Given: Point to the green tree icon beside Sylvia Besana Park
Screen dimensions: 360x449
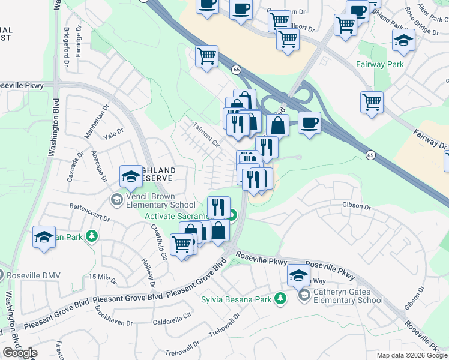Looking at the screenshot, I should [x=280, y=299].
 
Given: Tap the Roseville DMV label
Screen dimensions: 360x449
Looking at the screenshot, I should [x=31, y=275].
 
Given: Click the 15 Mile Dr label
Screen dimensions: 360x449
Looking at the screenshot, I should [x=102, y=276].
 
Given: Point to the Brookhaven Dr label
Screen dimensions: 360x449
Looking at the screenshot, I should [x=114, y=316].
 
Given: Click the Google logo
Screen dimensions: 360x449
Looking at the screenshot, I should [x=19, y=353].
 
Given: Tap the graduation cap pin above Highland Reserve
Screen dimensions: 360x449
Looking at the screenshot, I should [x=131, y=176].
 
